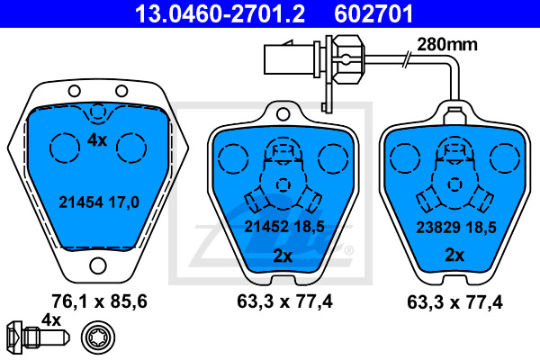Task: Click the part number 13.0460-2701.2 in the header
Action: coord(220,13)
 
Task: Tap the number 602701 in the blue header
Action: coord(373,13)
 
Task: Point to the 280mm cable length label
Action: coord(447,44)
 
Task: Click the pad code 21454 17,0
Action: coord(99,202)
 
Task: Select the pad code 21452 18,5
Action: coord(284,227)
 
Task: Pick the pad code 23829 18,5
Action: coord(456,228)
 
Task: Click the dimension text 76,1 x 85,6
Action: coord(100,301)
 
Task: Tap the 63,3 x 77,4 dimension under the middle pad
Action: coord(284,301)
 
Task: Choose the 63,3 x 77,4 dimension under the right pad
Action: coord(454,302)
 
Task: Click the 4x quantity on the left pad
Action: coord(97,140)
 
